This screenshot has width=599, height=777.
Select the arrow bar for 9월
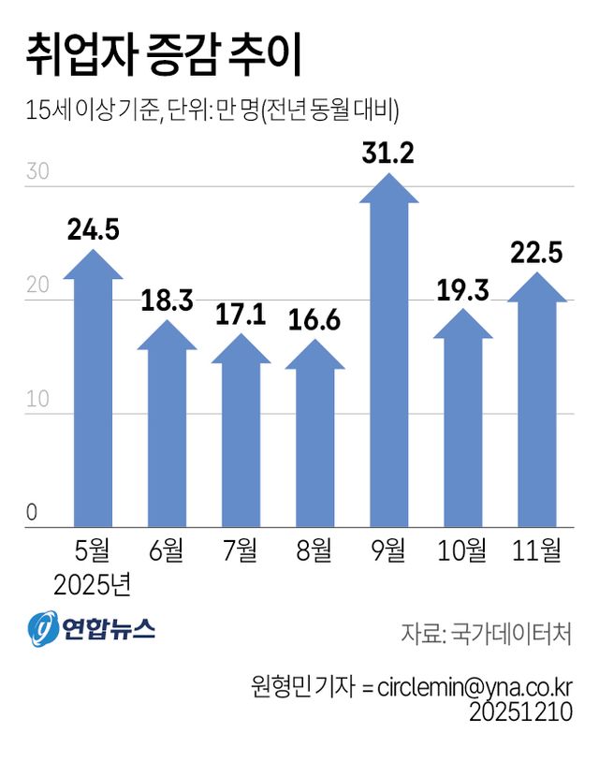(389, 356)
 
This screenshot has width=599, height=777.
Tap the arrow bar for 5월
(93, 393)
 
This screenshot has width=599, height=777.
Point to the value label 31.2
(389, 154)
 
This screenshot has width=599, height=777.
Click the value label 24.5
(93, 229)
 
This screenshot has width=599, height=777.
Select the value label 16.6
(315, 322)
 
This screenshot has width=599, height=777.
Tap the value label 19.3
(463, 291)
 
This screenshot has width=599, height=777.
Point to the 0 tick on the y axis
(32, 513)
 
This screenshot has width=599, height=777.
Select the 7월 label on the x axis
(241, 550)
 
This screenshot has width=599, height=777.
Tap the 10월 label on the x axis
(463, 550)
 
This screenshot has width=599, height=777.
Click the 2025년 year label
(93, 584)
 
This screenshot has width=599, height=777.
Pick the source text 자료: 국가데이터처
(487, 632)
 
